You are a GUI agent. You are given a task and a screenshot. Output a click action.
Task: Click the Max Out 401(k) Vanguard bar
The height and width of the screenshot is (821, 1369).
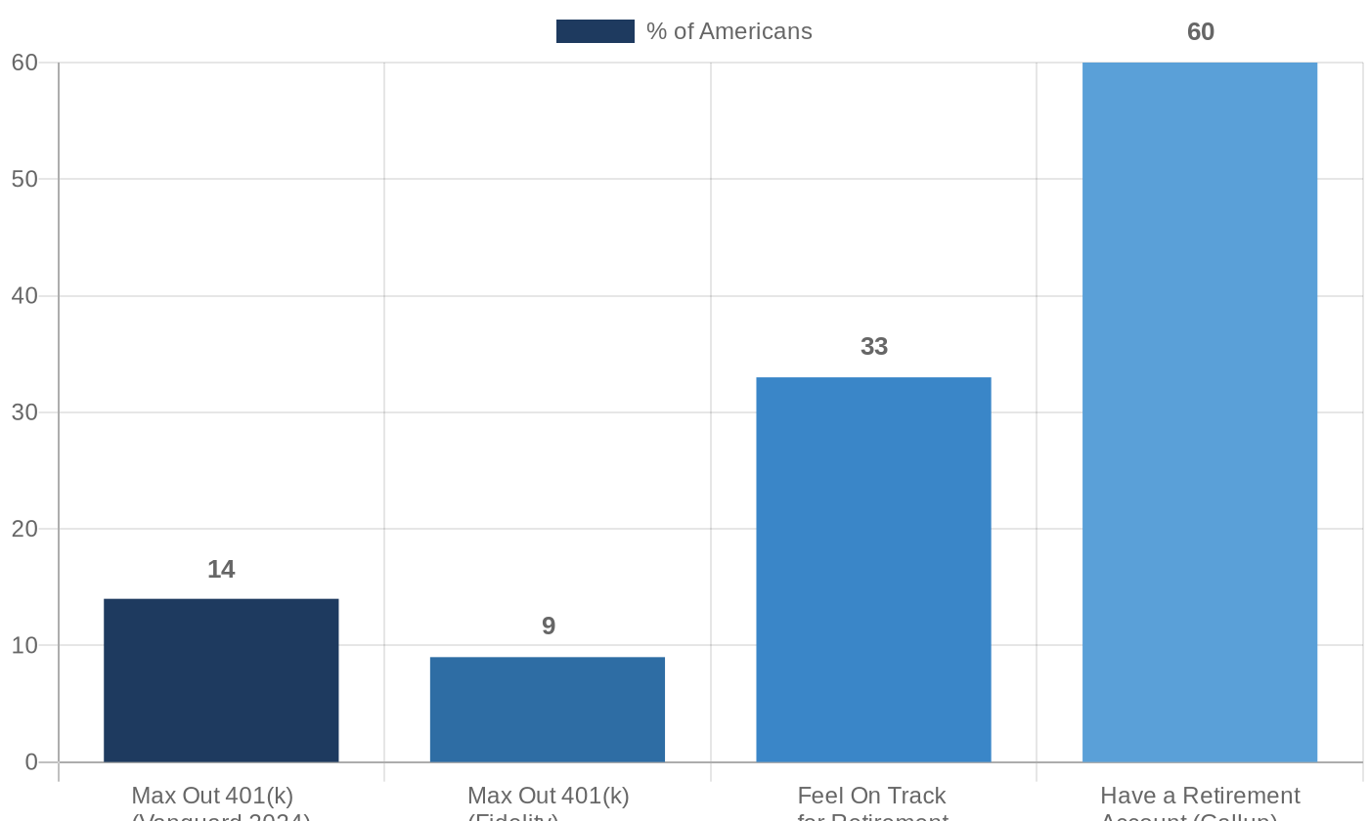[221, 680]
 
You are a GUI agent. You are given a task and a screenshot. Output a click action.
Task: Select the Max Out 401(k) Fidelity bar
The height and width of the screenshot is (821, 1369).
[548, 710]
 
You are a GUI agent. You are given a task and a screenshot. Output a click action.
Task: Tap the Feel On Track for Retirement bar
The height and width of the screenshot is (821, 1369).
[873, 570]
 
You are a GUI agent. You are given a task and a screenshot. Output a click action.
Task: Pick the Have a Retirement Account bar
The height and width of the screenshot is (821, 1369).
[1200, 412]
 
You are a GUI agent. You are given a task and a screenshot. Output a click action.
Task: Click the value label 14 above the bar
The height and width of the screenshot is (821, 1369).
[221, 570]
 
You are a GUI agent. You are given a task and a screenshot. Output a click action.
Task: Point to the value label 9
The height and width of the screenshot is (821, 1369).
[549, 627]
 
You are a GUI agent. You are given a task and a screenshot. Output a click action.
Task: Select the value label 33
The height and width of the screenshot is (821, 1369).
[874, 347]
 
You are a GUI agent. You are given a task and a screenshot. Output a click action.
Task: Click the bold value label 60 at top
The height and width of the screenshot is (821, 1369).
[1201, 32]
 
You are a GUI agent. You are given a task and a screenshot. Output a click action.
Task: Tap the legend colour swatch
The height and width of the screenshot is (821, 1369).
[595, 31]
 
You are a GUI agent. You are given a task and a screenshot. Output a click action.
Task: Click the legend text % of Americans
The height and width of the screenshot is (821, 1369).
[729, 31]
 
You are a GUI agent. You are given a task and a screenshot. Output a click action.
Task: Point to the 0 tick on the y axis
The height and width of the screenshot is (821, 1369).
[31, 762]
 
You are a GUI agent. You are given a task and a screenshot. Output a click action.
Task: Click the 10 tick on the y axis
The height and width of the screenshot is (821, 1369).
[24, 646]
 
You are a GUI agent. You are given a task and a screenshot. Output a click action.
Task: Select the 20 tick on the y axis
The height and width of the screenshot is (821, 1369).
[24, 529]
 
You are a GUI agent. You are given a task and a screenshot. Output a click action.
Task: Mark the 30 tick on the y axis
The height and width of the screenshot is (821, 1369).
[24, 412]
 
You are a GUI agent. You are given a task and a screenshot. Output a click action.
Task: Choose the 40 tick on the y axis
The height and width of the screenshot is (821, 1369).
[24, 296]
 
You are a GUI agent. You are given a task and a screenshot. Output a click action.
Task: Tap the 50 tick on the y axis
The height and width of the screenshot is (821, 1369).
[24, 179]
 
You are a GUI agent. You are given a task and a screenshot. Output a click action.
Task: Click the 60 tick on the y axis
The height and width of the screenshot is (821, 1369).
[24, 63]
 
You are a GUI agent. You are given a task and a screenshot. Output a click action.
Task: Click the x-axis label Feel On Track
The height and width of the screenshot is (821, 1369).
[872, 796]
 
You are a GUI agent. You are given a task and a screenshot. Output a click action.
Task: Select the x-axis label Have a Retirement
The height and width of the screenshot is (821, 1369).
[1200, 796]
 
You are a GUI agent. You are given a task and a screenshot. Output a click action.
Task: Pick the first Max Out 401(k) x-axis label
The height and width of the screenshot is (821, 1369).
[212, 796]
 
